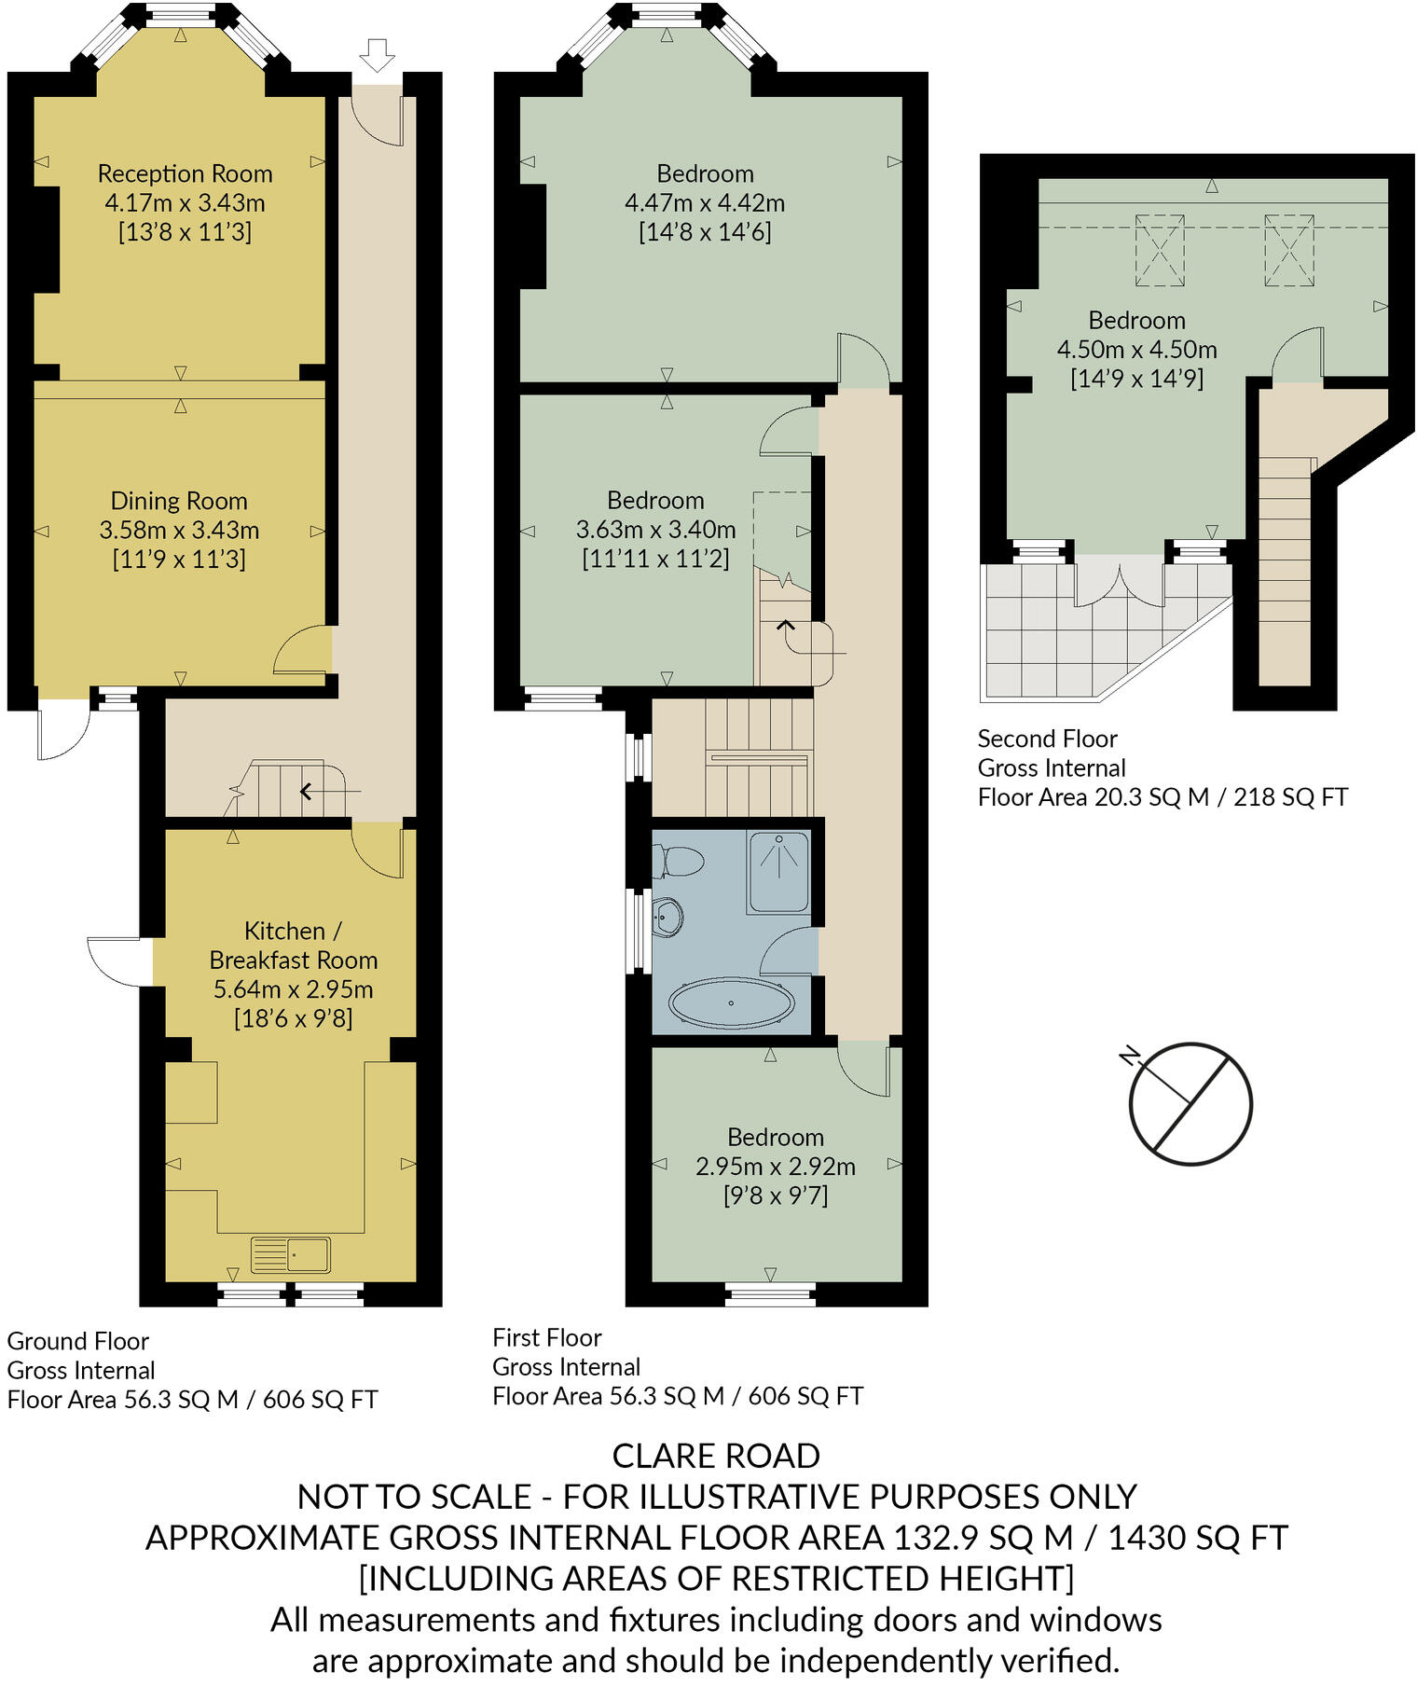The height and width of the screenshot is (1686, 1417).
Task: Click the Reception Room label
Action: pyautogui.click(x=185, y=173)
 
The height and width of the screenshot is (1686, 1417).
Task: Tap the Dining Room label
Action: pyautogui.click(x=178, y=501)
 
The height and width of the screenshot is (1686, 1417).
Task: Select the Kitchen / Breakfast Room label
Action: pyautogui.click(x=293, y=945)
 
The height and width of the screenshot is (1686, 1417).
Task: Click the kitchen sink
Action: pyautogui.click(x=290, y=1254)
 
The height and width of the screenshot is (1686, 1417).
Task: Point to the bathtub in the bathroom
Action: pyautogui.click(x=732, y=1003)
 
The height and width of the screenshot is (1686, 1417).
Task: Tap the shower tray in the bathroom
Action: pyautogui.click(x=778, y=872)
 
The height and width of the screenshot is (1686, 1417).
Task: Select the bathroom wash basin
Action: pyautogui.click(x=667, y=918)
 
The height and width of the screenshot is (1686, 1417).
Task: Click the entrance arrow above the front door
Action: pyautogui.click(x=377, y=55)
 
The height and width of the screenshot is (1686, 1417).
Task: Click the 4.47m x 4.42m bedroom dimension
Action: pyautogui.click(x=705, y=202)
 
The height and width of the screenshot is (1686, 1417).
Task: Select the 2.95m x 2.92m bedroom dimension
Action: pyautogui.click(x=776, y=1166)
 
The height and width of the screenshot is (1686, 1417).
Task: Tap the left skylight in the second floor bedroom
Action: pyautogui.click(x=1160, y=250)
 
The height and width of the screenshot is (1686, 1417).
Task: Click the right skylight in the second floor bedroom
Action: pyautogui.click(x=1288, y=250)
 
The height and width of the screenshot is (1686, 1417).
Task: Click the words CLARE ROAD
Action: pyautogui.click(x=716, y=1456)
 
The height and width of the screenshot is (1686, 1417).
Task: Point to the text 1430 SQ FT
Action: pyautogui.click(x=1198, y=1538)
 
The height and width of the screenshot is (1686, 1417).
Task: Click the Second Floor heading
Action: pyautogui.click(x=1047, y=739)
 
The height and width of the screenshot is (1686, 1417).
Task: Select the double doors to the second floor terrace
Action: pyautogui.click(x=1119, y=583)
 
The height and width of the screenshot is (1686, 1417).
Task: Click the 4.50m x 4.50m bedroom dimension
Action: pyautogui.click(x=1136, y=350)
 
